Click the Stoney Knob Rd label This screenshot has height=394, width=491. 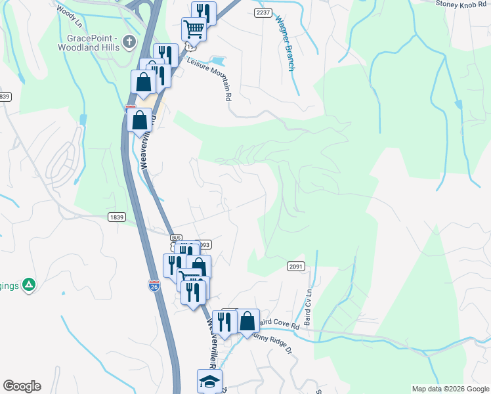tap(463, 3)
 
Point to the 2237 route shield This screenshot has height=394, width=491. tap(263, 12)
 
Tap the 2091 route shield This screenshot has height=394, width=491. tap(295, 266)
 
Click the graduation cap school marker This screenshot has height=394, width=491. tap(209, 381)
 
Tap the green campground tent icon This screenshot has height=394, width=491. tap(28, 284)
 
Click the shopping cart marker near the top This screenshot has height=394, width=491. tap(194, 28)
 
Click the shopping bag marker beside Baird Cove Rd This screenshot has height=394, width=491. tap(247, 321)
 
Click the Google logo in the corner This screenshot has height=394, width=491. tap(22, 386)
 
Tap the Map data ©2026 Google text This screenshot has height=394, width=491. tap(450, 389)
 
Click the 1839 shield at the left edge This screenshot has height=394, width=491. tap(5, 97)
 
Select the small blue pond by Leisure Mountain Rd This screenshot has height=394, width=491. tap(219, 61)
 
